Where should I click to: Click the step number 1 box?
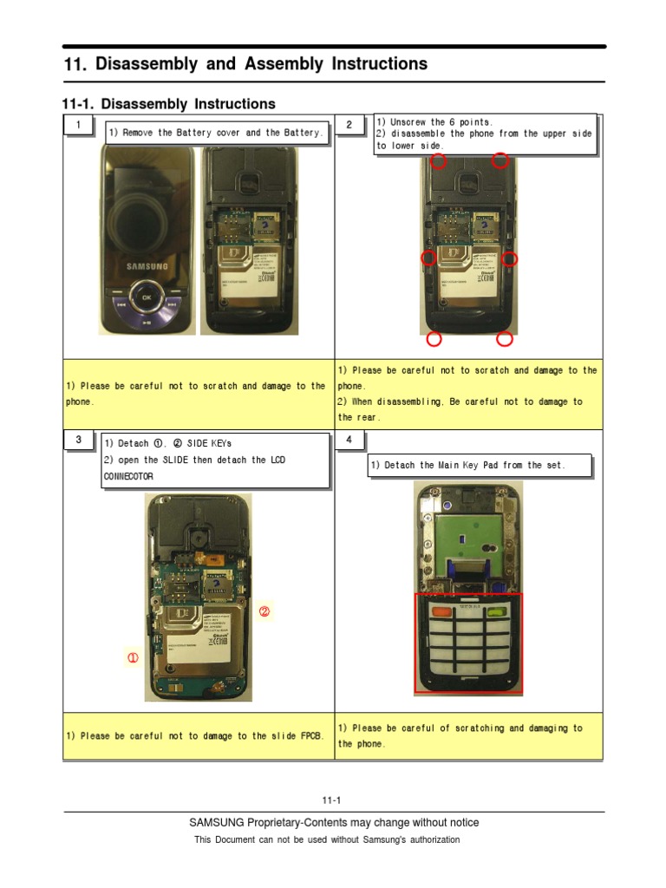[x=79, y=126]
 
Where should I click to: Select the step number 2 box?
[x=349, y=126]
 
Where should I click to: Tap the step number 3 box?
[x=79, y=441]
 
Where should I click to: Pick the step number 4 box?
[x=349, y=441]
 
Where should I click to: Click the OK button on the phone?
[x=147, y=297]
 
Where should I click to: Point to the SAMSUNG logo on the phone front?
[x=147, y=266]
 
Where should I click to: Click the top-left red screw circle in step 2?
[x=438, y=161]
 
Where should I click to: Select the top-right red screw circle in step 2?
[x=499, y=160]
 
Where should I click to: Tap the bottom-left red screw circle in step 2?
[x=434, y=338]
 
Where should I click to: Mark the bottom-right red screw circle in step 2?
[x=504, y=338]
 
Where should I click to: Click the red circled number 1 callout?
[x=133, y=658]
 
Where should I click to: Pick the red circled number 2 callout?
[x=265, y=611]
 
